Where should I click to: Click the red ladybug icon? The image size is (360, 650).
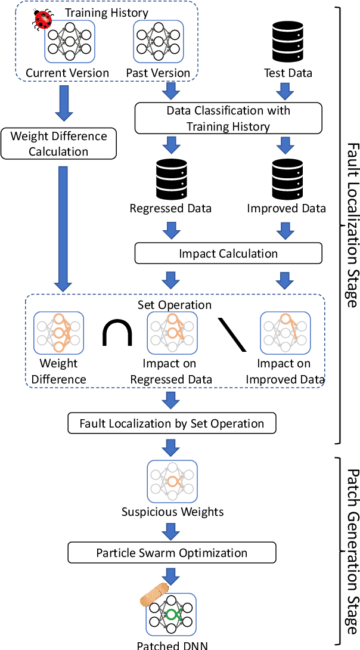[43, 20]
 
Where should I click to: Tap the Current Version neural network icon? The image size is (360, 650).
[70, 41]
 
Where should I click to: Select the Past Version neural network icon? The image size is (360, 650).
[158, 41]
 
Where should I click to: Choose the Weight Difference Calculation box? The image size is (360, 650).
[58, 144]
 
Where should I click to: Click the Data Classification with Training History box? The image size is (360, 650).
[228, 118]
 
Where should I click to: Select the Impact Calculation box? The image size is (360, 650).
[228, 253]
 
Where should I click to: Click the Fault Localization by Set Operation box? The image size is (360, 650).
[172, 423]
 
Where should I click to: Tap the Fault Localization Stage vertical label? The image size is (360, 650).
[352, 225]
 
